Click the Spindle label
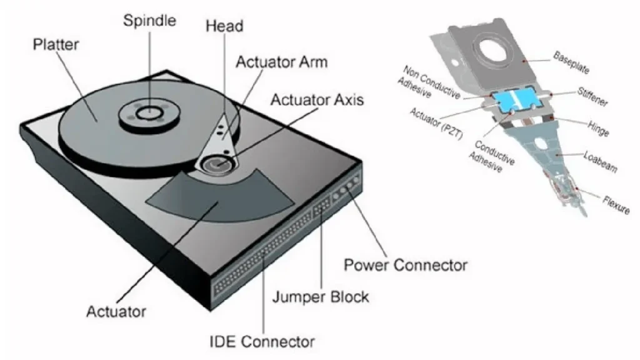tap(150, 20)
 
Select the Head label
tap(224, 26)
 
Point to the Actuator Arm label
tap(281, 62)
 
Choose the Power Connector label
tap(406, 265)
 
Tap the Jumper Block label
tap(321, 296)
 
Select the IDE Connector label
tap(261, 342)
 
